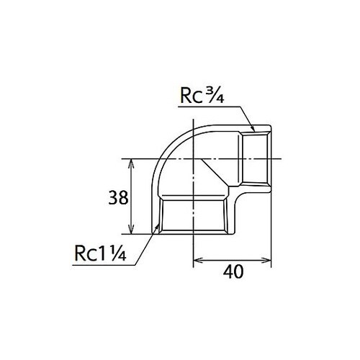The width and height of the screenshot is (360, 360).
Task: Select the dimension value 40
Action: (232, 271)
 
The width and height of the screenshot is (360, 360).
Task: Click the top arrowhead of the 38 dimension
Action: (130, 161)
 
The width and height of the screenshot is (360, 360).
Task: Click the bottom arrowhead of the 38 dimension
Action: (130, 231)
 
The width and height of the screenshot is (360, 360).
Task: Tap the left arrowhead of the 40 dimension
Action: (197, 260)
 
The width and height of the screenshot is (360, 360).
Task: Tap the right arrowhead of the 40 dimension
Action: (269, 260)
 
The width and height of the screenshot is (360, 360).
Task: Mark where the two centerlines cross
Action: (194, 158)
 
